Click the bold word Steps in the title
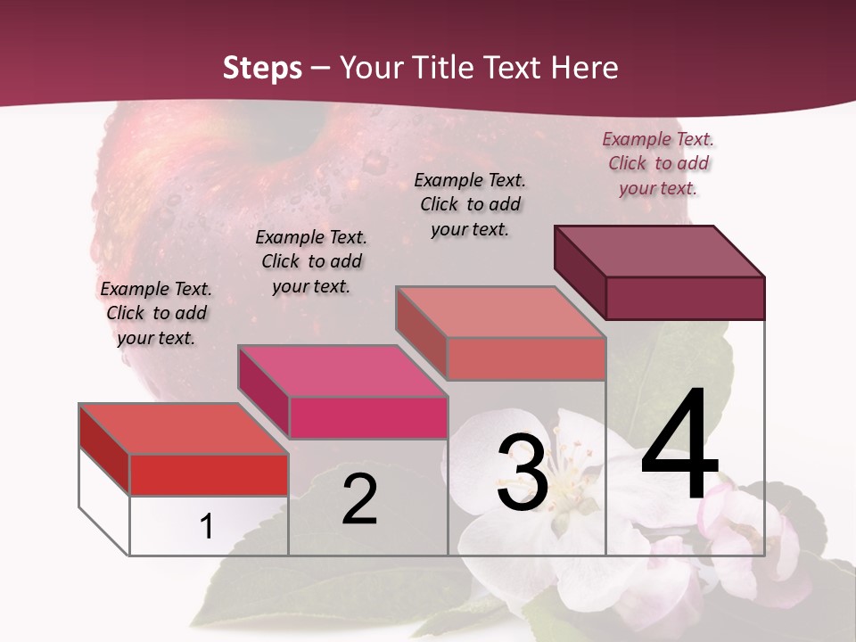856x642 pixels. [262, 68]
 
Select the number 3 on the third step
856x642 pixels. [522, 473]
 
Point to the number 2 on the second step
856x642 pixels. [359, 499]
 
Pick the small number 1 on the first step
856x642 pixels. [206, 526]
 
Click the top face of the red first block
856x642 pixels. [184, 429]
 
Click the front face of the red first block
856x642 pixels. [209, 474]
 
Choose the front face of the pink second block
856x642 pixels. [367, 417]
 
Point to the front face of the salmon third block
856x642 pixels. [526, 358]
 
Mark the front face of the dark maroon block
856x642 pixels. [685, 298]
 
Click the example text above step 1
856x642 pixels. [156, 313]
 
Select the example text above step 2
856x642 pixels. [311, 261]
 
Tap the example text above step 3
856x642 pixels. [470, 204]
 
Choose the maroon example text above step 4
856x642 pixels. [658, 163]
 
